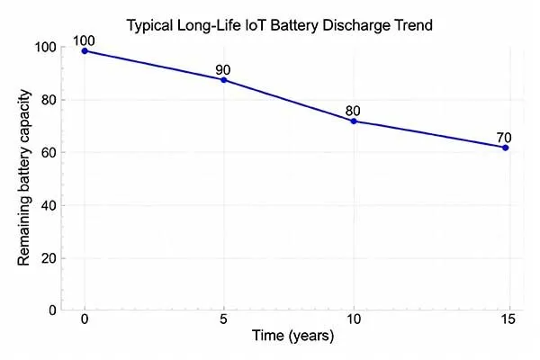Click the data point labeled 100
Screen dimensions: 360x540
click(x=85, y=50)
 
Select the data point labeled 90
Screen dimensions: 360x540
click(x=224, y=80)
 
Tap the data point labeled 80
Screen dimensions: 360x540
click(x=354, y=121)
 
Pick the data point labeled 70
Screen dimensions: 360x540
click(x=506, y=147)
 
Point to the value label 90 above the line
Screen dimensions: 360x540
click(x=224, y=69)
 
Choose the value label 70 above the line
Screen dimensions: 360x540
click(x=506, y=138)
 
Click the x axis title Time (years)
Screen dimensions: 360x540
click(x=292, y=337)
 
